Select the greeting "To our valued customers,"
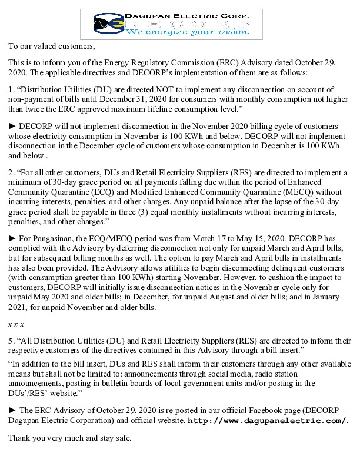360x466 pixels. tap(51, 45)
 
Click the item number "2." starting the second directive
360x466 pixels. tap(11, 172)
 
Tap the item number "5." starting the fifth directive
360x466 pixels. tap(11, 341)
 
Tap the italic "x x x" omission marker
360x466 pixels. tap(16, 325)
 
